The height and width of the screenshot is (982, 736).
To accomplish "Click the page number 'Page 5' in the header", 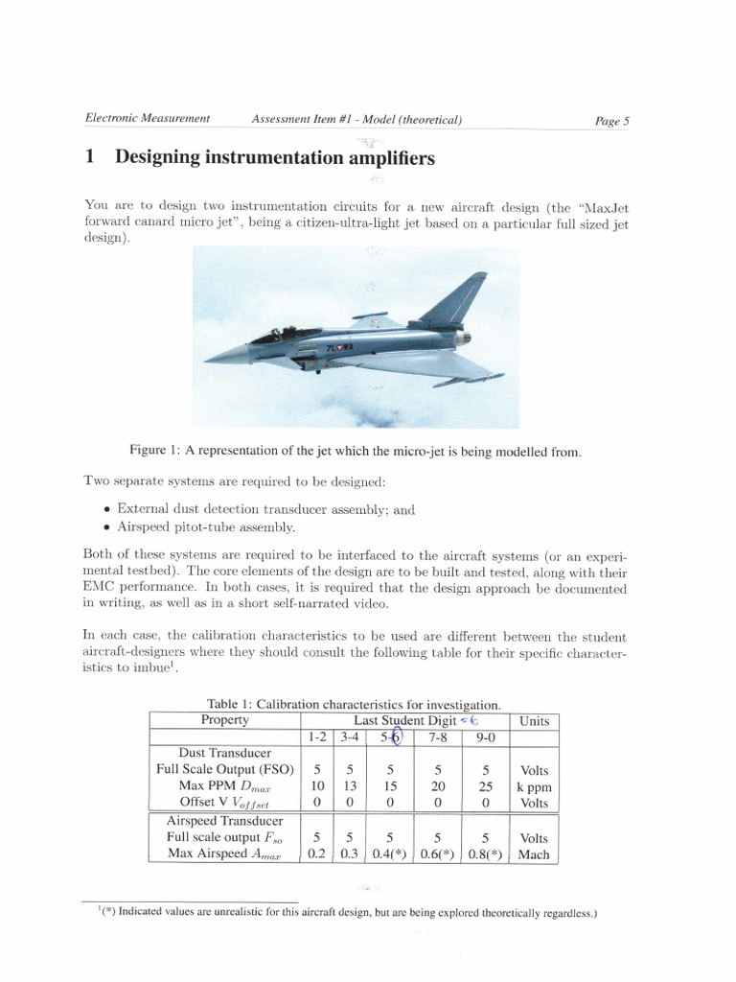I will tap(611, 121).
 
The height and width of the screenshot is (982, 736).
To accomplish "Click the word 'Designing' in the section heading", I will tap(166, 157).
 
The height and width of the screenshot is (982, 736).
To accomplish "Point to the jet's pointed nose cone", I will tap(213, 361).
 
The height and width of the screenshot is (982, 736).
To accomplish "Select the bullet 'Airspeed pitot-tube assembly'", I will tap(206, 526).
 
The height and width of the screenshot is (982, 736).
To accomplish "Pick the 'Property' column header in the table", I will tap(225, 720).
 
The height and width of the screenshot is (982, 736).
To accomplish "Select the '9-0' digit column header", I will tap(484, 736).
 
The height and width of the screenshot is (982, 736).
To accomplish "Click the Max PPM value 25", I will tap(484, 785).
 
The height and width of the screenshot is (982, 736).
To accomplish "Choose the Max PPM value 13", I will tap(351, 785).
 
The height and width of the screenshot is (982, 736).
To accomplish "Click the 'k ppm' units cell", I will tap(534, 786).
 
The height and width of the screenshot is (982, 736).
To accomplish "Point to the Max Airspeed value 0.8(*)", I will tap(484, 853).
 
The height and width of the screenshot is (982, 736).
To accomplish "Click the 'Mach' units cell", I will tap(534, 853).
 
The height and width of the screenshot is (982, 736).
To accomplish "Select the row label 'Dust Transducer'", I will tap(225, 754).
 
